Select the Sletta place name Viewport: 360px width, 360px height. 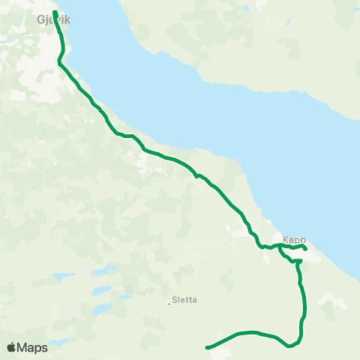[x=184, y=299]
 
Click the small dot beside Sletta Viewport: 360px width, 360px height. [x=169, y=304]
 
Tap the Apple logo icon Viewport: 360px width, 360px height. [x=12, y=347]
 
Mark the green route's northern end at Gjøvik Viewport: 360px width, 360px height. [x=55, y=12]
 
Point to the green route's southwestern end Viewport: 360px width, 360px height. [x=206, y=347]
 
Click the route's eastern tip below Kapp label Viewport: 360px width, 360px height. [x=305, y=248]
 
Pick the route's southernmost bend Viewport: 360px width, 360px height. [x=289, y=346]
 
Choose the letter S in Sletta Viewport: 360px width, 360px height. [x=175, y=299]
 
